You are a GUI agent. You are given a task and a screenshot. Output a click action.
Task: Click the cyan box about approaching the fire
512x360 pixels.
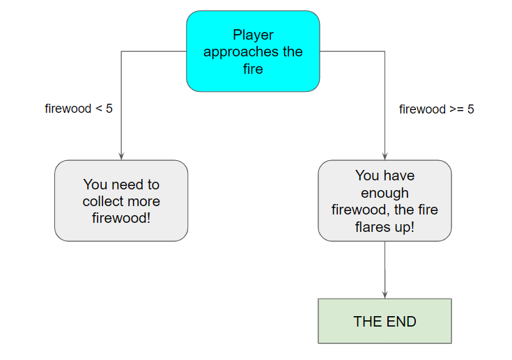[x=253, y=52]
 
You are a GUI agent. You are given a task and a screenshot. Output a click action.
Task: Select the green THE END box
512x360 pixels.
[x=385, y=321]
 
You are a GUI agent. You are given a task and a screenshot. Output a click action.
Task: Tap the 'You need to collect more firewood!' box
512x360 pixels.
[x=121, y=201]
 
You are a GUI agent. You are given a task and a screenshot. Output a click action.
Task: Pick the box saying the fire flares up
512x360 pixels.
[x=385, y=201]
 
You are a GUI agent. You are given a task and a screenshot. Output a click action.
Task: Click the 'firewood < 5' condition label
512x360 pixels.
[x=79, y=109]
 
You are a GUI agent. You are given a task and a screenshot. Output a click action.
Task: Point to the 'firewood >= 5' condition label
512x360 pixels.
[x=437, y=109]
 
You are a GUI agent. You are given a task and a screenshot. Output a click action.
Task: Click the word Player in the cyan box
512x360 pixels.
[x=253, y=36]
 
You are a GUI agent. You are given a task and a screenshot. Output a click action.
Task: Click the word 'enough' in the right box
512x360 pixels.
[x=385, y=194]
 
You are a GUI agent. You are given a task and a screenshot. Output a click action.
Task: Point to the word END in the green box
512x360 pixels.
[x=401, y=322]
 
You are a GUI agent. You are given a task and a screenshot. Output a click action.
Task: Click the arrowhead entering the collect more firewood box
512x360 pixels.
[x=121, y=156]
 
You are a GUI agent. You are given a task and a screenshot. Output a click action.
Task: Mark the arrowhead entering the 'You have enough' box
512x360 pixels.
[x=385, y=156]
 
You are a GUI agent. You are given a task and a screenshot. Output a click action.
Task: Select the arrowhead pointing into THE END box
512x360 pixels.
[x=385, y=295]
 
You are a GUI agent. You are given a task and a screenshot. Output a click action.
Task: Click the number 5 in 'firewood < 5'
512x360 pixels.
[x=109, y=109]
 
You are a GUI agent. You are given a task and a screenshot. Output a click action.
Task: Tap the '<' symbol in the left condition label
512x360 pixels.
[x=99, y=109]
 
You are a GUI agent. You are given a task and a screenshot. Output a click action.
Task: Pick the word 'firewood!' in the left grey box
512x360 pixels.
[x=121, y=218]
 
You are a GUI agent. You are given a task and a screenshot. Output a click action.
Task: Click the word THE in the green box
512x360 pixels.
[x=369, y=322]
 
